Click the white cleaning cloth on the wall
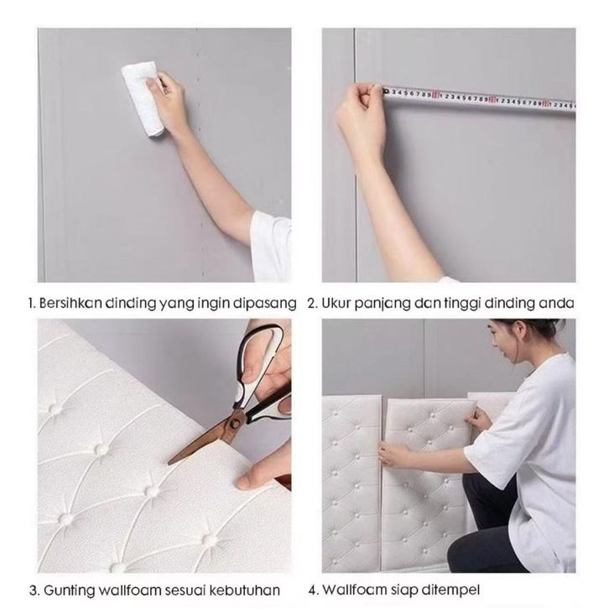(x=143, y=98)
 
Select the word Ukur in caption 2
(x=336, y=303)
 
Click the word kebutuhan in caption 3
(x=244, y=591)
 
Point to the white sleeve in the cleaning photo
(x=271, y=246)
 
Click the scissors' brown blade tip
(x=171, y=462)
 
